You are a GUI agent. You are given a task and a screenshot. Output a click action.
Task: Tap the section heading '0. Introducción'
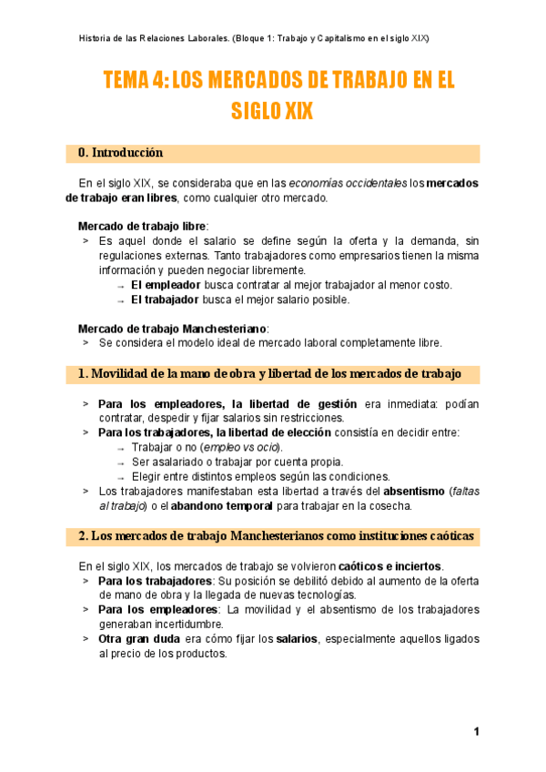click(121, 152)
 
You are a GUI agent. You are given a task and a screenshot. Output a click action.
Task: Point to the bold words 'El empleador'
click(166, 285)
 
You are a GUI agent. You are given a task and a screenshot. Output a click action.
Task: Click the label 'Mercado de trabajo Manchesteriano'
click(173, 328)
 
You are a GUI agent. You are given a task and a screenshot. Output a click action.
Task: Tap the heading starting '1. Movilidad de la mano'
click(269, 374)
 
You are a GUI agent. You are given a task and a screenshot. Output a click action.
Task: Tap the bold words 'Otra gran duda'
click(133, 639)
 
